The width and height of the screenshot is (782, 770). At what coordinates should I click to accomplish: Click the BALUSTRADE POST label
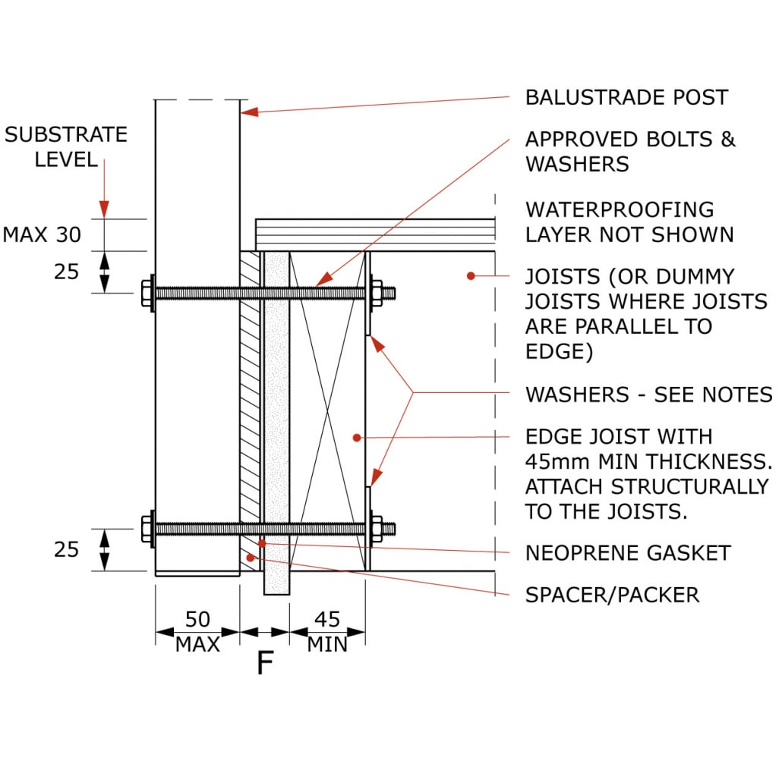626,97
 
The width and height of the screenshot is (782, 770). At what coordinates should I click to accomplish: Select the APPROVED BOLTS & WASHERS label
630,151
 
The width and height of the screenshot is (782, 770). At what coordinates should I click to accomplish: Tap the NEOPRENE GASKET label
627,552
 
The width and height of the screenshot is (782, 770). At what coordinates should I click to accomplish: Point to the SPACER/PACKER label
612,594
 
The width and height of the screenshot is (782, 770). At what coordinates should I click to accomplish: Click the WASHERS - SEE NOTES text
648,394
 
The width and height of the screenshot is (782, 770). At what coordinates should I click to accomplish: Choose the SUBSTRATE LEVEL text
66,146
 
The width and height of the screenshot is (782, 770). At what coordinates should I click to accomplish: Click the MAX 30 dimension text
42,234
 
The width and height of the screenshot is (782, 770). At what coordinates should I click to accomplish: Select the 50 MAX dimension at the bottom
197,632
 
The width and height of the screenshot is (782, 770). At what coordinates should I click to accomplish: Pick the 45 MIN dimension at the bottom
327,632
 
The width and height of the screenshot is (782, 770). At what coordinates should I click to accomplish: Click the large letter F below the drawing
264,664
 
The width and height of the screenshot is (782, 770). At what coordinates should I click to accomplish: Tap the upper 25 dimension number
66,271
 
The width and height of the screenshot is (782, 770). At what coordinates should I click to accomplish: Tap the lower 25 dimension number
66,549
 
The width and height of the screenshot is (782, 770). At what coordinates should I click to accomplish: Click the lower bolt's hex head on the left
147,529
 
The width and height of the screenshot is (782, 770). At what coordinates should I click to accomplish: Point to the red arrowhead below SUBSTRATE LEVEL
104,208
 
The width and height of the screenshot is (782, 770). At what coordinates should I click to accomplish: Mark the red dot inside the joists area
471,276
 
